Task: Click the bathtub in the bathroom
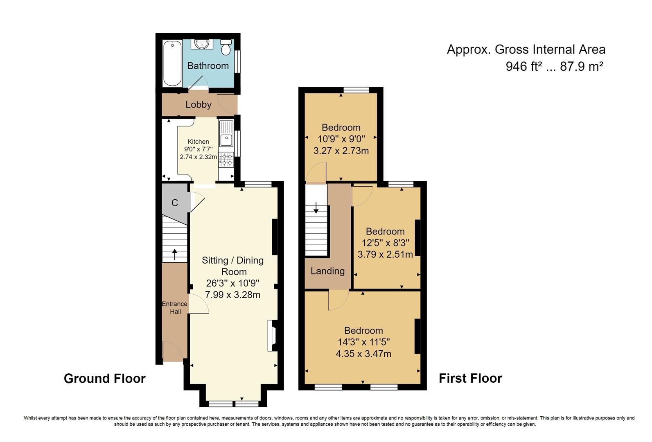[172, 63]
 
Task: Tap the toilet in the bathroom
[226, 47]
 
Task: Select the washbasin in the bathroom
[202, 44]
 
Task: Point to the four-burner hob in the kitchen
[226, 160]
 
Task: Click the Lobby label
[199, 104]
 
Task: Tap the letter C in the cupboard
[175, 203]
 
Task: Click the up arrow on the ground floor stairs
[175, 254]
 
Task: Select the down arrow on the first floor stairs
[316, 208]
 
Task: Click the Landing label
[327, 271]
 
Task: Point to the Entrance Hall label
[175, 308]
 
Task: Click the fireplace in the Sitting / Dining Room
[273, 336]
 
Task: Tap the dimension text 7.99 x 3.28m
[232, 295]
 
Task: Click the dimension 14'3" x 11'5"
[363, 342]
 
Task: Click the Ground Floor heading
[105, 379]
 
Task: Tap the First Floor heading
[470, 379]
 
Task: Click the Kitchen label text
[198, 142]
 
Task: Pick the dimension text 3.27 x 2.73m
[341, 151]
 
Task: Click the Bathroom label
[208, 66]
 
